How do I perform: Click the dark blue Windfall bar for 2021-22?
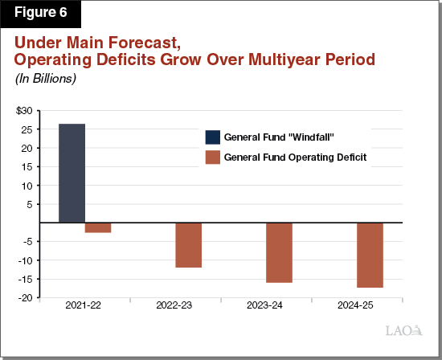(72, 174)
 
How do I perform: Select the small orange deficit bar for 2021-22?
(97, 228)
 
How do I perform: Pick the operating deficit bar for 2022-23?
(188, 245)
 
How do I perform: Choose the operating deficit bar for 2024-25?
(370, 256)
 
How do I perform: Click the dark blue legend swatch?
(213, 137)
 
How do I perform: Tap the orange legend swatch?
(213, 157)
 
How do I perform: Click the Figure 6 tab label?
(40, 14)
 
